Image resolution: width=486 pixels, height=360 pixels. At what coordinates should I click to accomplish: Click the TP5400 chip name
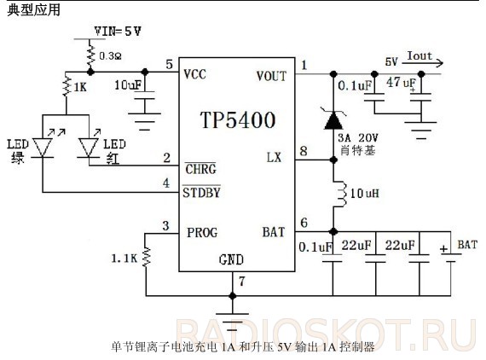tap(238, 120)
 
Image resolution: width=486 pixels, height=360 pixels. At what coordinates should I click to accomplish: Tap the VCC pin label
tap(194, 74)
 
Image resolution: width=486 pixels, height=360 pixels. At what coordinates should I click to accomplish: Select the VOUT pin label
tap(271, 76)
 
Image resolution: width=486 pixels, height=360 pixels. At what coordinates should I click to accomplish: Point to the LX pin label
tap(274, 158)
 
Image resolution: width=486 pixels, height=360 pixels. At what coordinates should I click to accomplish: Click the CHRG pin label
tap(200, 169)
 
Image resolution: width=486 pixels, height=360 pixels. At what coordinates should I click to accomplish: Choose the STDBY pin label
tap(201, 193)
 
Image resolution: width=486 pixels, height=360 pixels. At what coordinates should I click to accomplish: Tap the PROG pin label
tap(202, 233)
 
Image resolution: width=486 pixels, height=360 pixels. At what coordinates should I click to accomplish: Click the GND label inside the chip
tap(231, 259)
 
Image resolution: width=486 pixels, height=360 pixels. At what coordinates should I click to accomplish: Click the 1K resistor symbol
tap(66, 85)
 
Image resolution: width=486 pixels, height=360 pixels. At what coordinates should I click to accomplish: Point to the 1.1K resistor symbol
tap(146, 257)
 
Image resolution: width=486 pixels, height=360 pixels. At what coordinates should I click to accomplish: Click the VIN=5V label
tap(118, 32)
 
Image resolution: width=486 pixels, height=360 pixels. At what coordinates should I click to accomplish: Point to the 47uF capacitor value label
tap(402, 83)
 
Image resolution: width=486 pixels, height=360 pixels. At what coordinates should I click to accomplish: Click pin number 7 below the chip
tap(242, 282)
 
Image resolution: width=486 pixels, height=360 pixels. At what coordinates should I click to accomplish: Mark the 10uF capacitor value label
tap(128, 85)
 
